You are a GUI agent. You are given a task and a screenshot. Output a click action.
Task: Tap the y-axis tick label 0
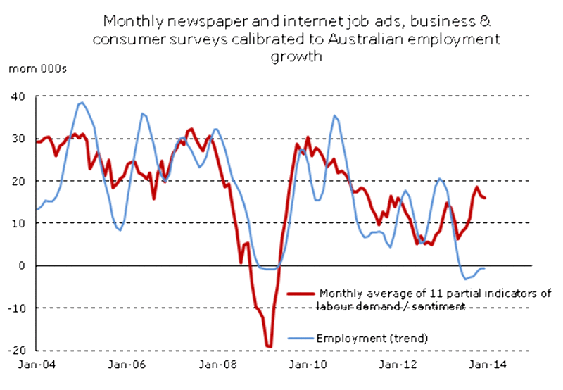pyautogui.click(x=21, y=265)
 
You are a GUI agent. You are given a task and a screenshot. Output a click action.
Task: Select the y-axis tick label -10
pyautogui.click(x=16, y=308)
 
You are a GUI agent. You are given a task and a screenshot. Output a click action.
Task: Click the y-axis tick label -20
pyautogui.click(x=16, y=350)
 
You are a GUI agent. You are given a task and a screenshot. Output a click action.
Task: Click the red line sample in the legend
pyautogui.click(x=302, y=294)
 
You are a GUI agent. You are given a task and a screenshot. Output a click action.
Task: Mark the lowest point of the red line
pyautogui.click(x=269, y=346)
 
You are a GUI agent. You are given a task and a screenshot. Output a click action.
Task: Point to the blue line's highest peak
pyautogui.click(x=82, y=103)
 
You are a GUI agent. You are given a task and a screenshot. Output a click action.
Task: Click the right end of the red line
pyautogui.click(x=485, y=198)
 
